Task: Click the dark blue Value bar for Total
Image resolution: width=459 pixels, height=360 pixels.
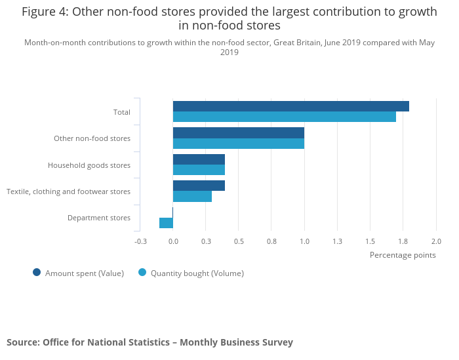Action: point(290,106)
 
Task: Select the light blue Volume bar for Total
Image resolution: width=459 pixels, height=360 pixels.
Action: point(284,117)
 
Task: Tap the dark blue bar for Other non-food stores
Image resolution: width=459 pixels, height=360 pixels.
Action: point(238,132)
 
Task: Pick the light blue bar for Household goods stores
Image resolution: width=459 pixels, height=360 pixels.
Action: point(199,170)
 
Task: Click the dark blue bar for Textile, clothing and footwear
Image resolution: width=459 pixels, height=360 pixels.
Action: point(199,186)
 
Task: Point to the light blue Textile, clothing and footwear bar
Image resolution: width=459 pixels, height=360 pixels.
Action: point(192,196)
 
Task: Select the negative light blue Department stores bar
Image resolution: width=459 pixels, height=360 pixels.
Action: point(166,223)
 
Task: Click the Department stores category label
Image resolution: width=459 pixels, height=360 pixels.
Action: point(99,218)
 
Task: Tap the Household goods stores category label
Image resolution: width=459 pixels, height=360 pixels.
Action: point(89,165)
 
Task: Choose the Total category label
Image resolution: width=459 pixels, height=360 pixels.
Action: point(122,112)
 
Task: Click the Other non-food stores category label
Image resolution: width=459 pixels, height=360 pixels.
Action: point(92,138)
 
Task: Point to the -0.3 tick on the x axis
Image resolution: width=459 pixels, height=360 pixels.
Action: point(140,241)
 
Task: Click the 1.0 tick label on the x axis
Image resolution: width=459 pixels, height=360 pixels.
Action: point(304,241)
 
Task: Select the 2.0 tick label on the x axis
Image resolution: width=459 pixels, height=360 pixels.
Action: point(435,241)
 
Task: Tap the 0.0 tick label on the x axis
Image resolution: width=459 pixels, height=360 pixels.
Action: point(173,241)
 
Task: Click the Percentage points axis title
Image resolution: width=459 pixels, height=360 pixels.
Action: point(403,255)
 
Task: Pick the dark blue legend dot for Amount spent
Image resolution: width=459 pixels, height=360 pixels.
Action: point(37,273)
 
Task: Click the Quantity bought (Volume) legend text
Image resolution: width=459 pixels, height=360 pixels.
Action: point(197,273)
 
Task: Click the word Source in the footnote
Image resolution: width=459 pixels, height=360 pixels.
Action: point(22,342)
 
